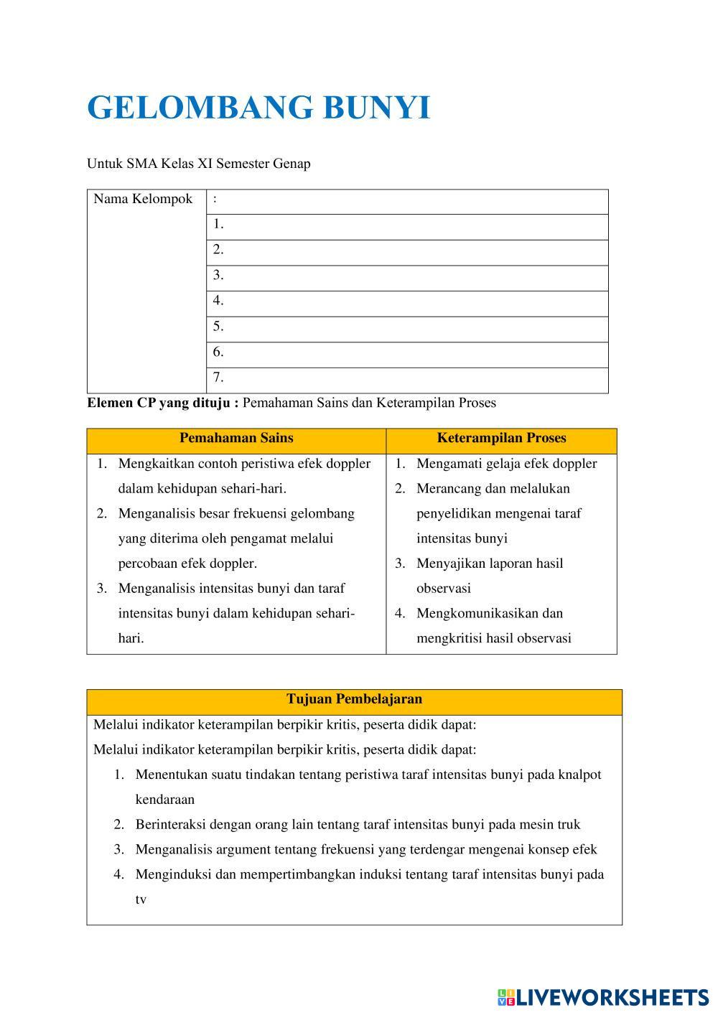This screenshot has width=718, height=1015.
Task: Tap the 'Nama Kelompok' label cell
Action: pyautogui.click(x=143, y=199)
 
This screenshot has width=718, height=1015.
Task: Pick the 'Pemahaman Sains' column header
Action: pyautogui.click(x=236, y=438)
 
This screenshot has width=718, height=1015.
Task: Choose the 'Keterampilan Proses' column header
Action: pyautogui.click(x=501, y=438)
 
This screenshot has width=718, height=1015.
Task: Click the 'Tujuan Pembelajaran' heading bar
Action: pyautogui.click(x=354, y=699)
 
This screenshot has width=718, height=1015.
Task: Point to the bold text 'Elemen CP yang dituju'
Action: pyautogui.click(x=163, y=403)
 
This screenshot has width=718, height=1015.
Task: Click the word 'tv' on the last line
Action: pyautogui.click(x=141, y=899)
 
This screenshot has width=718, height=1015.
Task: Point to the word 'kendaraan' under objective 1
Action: pyautogui.click(x=164, y=800)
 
